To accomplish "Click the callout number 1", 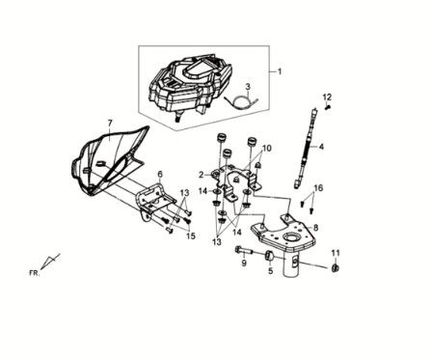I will [281, 70].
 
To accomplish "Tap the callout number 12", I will [327, 97].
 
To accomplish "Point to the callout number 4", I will [321, 147].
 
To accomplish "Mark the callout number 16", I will [319, 188].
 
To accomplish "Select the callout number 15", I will [191, 235].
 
